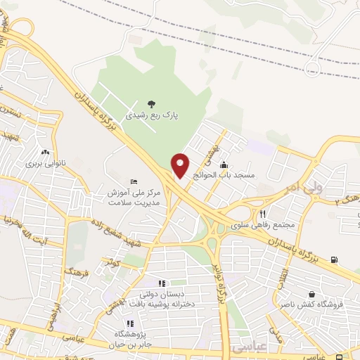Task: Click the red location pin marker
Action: [181, 165]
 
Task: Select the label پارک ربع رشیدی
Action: [152, 114]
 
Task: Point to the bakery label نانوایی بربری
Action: [45, 164]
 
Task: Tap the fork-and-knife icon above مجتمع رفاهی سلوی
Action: [262, 213]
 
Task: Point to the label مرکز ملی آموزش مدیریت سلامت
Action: [135, 197]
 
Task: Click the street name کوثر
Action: [113, 263]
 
